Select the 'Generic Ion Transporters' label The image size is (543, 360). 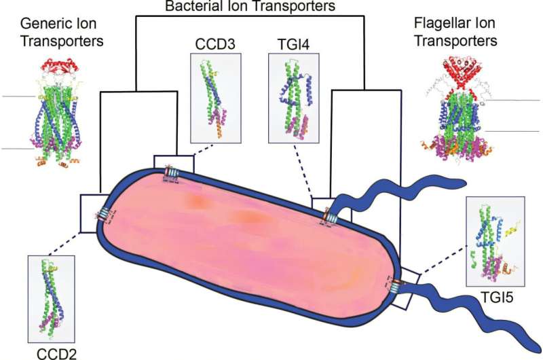click(62, 32)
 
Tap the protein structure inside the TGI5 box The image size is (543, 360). click(495, 241)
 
